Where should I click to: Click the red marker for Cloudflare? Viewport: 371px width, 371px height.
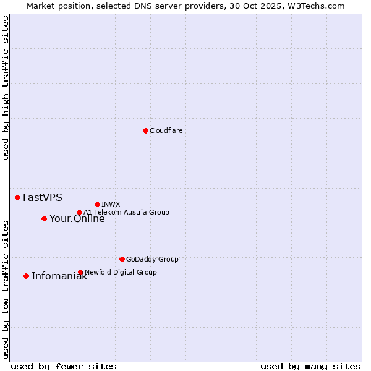pos(145,130)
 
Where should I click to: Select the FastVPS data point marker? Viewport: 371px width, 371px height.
pos(17,197)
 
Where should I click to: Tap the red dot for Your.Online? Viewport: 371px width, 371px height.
pos(44,218)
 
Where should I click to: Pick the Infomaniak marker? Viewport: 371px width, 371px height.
pos(26,276)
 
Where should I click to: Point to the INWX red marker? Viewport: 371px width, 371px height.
pos(97,204)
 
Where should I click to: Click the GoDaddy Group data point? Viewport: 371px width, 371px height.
pos(122,259)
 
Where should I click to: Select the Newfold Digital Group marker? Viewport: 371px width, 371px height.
pos(80,272)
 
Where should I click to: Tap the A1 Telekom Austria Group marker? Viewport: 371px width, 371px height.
pos(79,212)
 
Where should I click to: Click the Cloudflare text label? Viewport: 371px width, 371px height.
pos(166,130)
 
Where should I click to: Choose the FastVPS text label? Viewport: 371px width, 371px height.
pos(43,197)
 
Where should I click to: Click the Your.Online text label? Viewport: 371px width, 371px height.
pos(77,218)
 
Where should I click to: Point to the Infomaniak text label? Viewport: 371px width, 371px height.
pos(59,276)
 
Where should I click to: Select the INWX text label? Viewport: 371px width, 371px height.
pos(111,204)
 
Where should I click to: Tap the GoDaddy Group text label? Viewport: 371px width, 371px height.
pos(152,259)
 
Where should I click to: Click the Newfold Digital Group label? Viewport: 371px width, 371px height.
pos(121,272)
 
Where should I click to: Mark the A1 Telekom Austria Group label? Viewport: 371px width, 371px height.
pos(126,212)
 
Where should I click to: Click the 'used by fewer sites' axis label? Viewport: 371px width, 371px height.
pos(64,366)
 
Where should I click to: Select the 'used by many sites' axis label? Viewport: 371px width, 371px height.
pos(310,366)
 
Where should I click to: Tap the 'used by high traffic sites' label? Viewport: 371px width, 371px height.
pos(6,88)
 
